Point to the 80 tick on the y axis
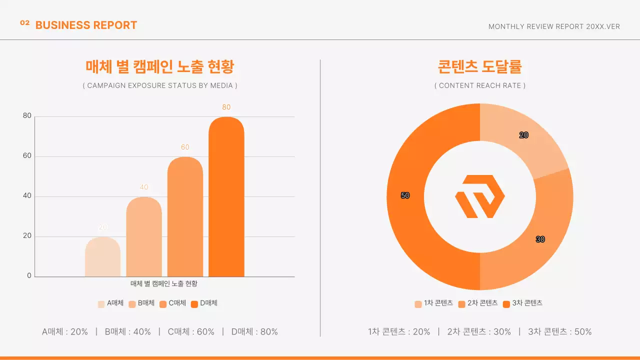[x=27, y=116]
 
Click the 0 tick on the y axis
[x=29, y=276]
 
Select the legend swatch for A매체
[x=101, y=304]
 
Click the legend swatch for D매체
[x=194, y=304]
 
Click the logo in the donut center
[x=480, y=196]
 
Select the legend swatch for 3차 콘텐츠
[x=506, y=304]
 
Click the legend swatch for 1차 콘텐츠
[x=418, y=304]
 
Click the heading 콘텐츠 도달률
[x=480, y=66]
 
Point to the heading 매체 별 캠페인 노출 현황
[x=160, y=66]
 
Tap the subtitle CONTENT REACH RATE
[x=480, y=85]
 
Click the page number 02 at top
[x=25, y=23]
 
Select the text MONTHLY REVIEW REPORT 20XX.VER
[x=554, y=26]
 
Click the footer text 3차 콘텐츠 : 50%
[x=559, y=331]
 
